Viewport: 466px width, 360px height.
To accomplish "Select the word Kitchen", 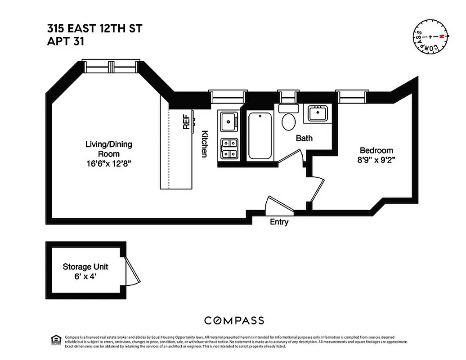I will click(x=204, y=144).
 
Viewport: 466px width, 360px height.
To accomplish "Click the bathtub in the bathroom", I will click(x=260, y=135).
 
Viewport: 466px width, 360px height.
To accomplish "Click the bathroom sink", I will click(x=318, y=113).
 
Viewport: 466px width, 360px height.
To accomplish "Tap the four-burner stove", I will click(x=229, y=148).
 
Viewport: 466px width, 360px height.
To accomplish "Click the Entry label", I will click(x=279, y=222).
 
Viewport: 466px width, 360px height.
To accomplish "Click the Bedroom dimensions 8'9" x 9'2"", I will click(x=376, y=159).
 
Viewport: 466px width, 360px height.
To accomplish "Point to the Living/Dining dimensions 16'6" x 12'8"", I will click(x=109, y=164).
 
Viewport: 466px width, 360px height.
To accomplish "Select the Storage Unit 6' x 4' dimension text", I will click(x=85, y=276).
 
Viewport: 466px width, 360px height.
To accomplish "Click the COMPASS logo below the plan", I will click(x=234, y=320).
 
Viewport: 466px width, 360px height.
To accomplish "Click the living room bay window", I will click(x=112, y=67).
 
